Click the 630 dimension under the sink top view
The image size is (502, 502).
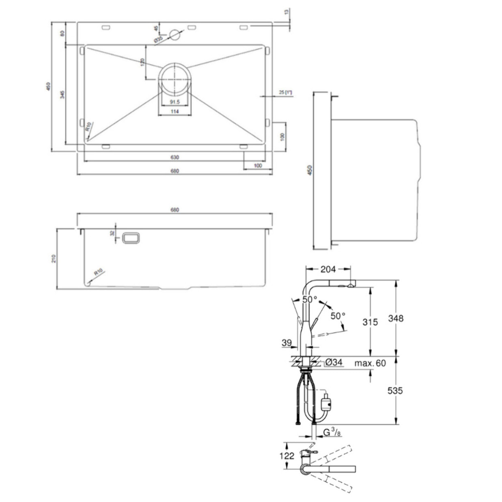tap(175, 157)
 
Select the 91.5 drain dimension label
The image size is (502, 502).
tap(175, 102)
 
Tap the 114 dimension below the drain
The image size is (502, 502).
tap(175, 112)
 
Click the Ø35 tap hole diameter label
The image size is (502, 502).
tap(158, 39)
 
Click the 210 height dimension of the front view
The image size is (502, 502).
tap(54, 259)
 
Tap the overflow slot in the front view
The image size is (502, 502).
tap(131, 238)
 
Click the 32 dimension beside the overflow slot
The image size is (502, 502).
tap(112, 233)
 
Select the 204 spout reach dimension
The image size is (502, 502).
tap(328, 269)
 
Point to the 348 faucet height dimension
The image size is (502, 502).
tap(395, 318)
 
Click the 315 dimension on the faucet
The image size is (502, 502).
tap(370, 322)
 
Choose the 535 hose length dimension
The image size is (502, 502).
tap(395, 390)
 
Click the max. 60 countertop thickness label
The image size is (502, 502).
tap(370, 363)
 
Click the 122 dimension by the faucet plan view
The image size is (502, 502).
tap(287, 456)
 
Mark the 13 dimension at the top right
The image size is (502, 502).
tap(287, 12)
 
